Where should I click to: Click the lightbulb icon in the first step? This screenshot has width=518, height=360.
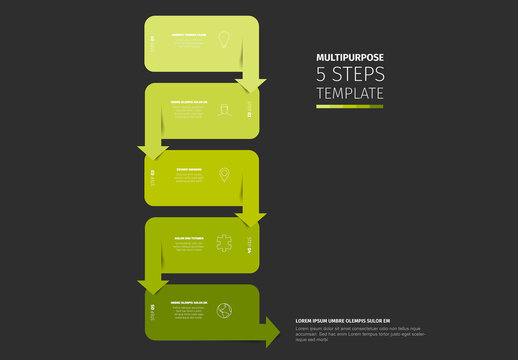pos(225,40)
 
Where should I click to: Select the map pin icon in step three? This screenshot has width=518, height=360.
pos(225,175)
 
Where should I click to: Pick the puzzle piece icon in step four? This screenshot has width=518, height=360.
pos(225,243)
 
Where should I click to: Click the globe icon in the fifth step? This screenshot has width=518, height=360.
pos(225,309)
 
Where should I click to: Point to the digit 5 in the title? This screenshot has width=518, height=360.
pos(322,76)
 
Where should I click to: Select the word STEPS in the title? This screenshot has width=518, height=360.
pos(359,76)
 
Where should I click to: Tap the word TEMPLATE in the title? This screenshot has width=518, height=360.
pos(349,94)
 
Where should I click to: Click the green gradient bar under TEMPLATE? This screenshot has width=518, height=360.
pos(349,106)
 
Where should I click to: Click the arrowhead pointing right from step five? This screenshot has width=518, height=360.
pos(271,332)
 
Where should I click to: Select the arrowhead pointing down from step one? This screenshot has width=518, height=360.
pos(251,85)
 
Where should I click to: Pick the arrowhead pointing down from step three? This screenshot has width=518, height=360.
pos(251,220)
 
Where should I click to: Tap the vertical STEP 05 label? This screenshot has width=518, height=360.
pos(153,310)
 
